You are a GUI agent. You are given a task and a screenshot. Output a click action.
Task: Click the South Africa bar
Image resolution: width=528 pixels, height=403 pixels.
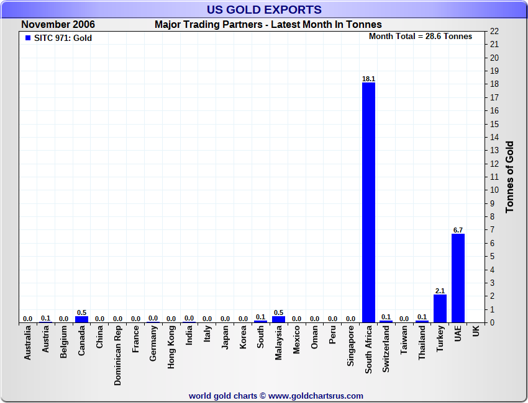(368, 202)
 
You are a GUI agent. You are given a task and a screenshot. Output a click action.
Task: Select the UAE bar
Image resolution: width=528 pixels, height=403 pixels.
(458, 278)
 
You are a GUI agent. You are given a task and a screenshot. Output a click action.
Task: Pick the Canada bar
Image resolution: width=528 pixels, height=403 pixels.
(81, 319)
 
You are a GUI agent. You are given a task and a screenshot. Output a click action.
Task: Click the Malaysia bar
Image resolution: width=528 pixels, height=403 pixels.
(278, 319)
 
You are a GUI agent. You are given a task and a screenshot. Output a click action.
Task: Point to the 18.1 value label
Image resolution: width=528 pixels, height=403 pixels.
(368, 79)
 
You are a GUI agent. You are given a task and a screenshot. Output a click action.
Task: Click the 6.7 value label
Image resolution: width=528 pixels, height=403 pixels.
(458, 230)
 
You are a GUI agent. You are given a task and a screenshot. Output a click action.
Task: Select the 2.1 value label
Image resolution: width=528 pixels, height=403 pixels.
(440, 291)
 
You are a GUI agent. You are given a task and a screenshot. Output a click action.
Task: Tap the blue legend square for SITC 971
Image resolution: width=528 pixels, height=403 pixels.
(27, 38)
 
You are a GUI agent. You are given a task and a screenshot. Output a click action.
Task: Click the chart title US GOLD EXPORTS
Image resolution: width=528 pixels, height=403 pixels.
(264, 9)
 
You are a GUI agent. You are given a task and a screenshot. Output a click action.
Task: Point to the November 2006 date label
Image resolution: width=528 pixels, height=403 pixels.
(58, 25)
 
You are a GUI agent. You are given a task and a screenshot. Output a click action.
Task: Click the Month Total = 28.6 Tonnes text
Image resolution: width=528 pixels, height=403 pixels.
(421, 37)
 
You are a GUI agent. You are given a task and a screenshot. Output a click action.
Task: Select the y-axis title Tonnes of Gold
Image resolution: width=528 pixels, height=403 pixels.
(509, 177)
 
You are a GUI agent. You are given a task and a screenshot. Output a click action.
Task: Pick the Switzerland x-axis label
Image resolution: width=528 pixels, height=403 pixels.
(386, 350)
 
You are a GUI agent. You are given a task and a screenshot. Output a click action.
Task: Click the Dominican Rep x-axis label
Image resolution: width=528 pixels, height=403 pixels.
(117, 356)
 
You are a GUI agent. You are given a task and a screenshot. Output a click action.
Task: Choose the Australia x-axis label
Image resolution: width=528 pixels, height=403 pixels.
(28, 344)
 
